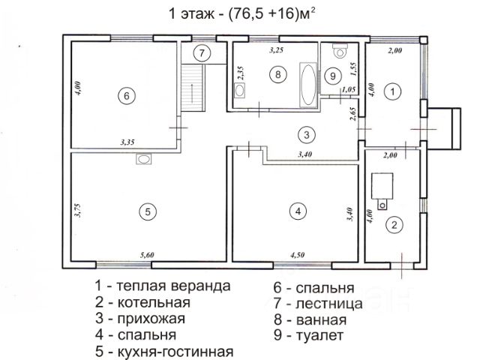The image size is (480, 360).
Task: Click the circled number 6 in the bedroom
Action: [x=127, y=96]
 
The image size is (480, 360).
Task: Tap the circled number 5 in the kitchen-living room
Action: [x=148, y=211]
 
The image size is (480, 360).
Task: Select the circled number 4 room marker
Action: [x=298, y=211]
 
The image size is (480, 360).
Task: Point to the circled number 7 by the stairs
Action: [x=202, y=53]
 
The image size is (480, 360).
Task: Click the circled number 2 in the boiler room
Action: [x=394, y=225]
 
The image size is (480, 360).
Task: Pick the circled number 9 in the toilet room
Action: [x=333, y=76]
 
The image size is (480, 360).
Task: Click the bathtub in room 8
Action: [x=308, y=85]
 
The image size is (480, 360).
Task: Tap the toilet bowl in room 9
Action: [x=340, y=51]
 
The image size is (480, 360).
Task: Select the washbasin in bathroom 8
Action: [x=240, y=91]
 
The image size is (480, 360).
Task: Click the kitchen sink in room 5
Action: [x=143, y=159]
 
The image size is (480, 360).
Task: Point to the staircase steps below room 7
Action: [x=193, y=88]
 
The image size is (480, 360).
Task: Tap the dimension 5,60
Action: [x=147, y=255]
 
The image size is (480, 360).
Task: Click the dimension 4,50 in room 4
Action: [x=297, y=255]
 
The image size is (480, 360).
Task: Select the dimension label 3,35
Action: [x=127, y=142]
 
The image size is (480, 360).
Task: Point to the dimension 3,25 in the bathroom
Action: [x=276, y=50]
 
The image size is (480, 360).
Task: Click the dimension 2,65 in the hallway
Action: [x=353, y=113]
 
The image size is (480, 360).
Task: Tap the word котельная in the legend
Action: [x=154, y=302]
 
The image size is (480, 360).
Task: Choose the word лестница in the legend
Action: [x=329, y=303]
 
